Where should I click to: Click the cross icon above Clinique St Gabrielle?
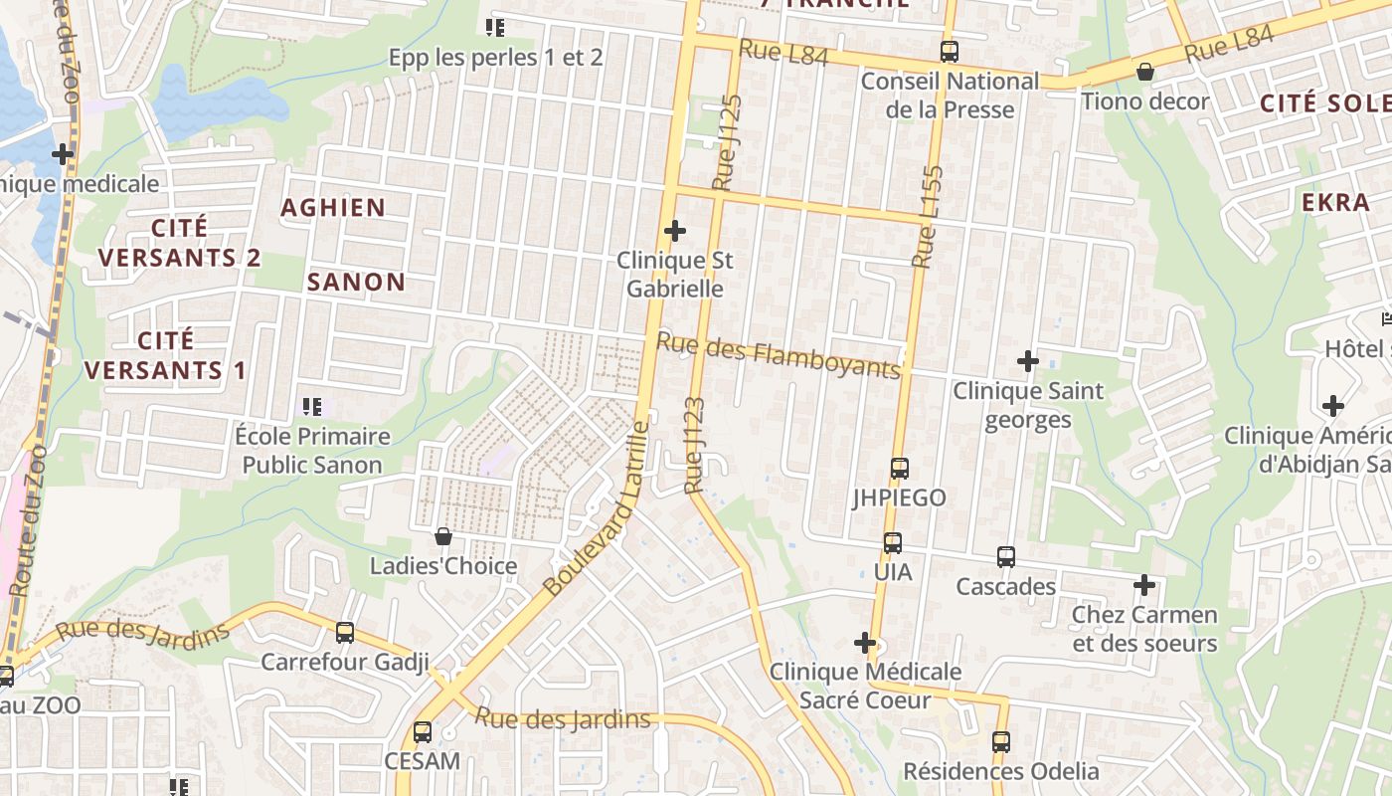coord(675,232)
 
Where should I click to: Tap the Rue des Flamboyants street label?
coord(779,355)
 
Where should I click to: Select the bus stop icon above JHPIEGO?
coord(900,468)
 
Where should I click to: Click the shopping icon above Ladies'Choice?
coord(443,537)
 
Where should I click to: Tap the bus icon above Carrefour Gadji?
coord(345,632)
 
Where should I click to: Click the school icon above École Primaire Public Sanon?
coord(312,406)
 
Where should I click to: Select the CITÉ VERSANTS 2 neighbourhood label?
coord(180,243)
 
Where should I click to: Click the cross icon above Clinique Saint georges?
coord(1028,360)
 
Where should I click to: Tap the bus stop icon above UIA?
coord(893,543)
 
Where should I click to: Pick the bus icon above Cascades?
coord(1006,557)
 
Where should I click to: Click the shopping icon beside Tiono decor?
coord(1145,72)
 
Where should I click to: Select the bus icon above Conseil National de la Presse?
coord(950,52)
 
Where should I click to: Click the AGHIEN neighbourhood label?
coord(333,208)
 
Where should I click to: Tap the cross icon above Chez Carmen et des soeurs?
coord(1144,585)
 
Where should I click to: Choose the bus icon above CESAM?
coord(423,732)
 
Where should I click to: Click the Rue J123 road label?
coord(694,445)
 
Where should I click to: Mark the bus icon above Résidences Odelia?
coord(1001,741)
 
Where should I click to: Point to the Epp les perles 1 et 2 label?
coord(495,58)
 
